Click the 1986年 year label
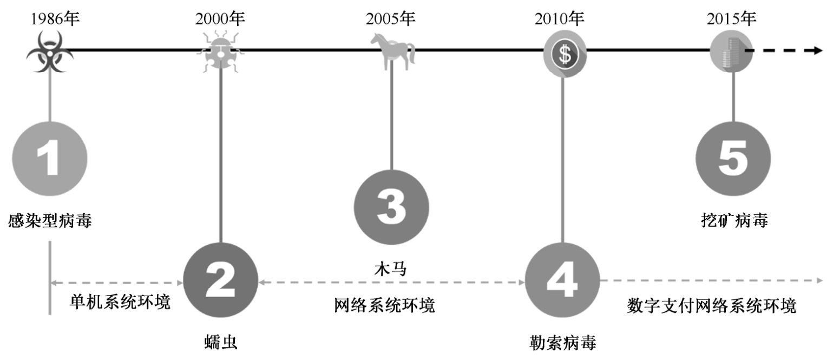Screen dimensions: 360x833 pyautogui.click(x=55, y=19)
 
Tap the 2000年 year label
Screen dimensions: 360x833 pyautogui.click(x=220, y=19)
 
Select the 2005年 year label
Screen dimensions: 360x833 pyautogui.click(x=390, y=19)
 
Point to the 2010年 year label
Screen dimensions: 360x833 pyautogui.click(x=560, y=19)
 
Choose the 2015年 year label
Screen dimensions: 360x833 pyautogui.click(x=731, y=19)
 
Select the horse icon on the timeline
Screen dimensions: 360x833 pyautogui.click(x=392, y=50)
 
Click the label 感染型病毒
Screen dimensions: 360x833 pyautogui.click(x=50, y=221)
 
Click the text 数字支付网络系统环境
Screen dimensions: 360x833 pyautogui.click(x=711, y=306)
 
